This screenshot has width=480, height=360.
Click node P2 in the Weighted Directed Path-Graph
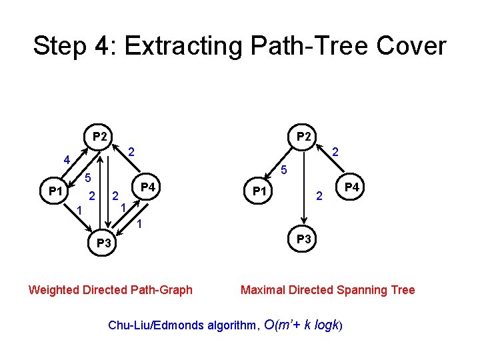[101, 137]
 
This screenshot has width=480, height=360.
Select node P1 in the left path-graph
[56, 192]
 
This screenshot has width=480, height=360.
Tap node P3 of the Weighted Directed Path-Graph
[103, 243]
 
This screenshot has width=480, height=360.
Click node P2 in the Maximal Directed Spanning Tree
[303, 136]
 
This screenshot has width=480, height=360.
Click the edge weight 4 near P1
[66, 160]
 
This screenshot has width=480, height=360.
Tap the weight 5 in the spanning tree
[283, 169]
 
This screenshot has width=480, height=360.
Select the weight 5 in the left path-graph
[87, 178]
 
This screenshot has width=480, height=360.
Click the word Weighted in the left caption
[54, 289]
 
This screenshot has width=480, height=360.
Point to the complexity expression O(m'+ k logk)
[303, 325]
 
